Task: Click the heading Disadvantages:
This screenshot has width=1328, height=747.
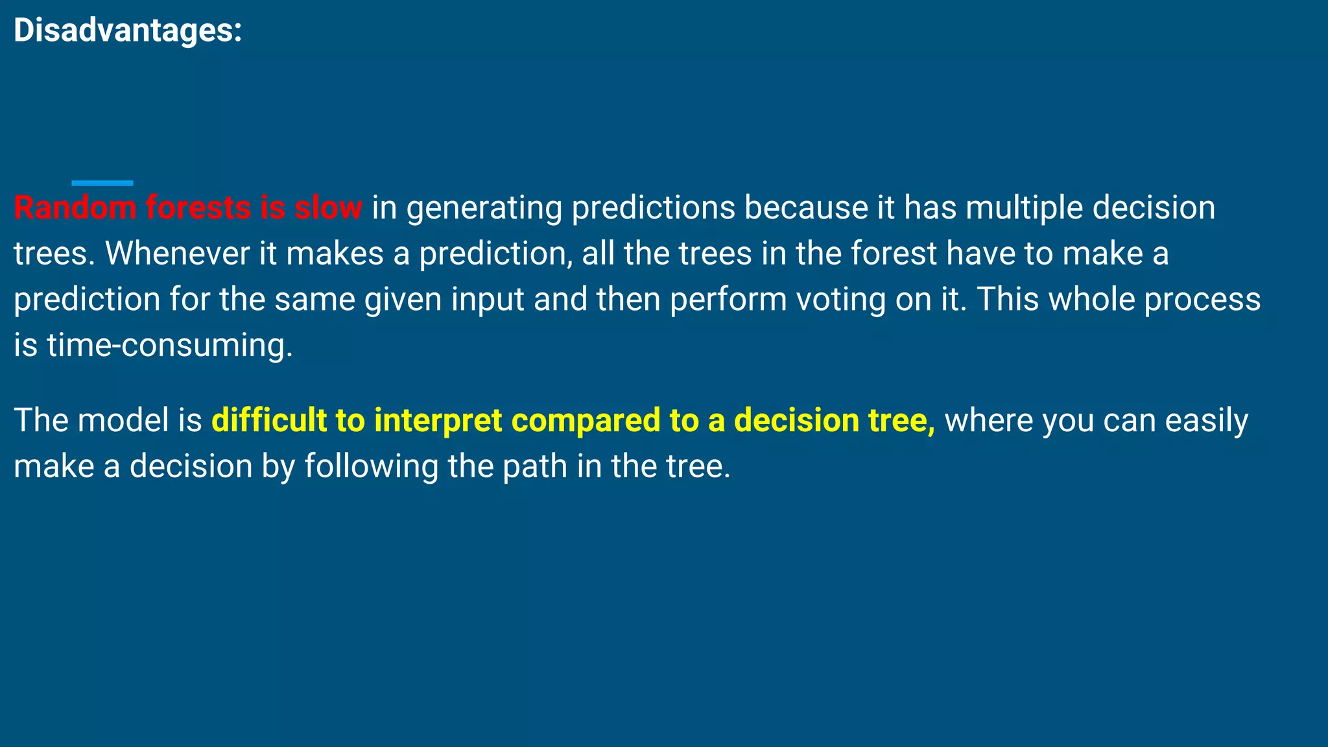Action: pos(128,30)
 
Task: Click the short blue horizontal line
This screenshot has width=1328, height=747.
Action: pos(102,184)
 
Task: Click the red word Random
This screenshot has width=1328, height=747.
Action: pos(75,208)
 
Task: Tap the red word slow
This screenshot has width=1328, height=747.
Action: pos(328,208)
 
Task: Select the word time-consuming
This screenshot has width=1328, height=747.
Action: pos(170,346)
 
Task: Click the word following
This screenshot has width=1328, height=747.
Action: pos(371,467)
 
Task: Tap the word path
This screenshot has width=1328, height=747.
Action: pos(535,467)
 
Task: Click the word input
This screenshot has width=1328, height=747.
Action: pos(487,300)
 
